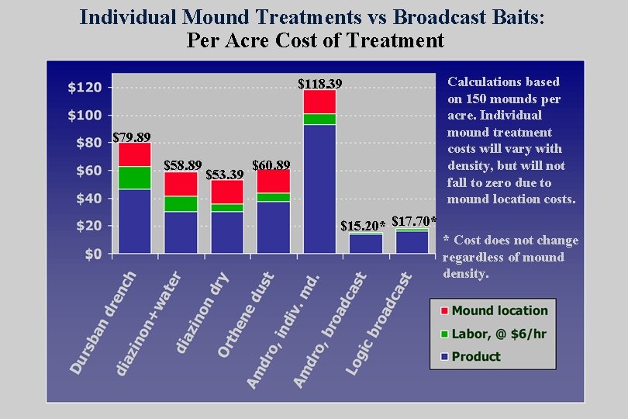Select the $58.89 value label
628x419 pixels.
pyautogui.click(x=183, y=165)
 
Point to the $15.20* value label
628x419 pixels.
pyautogui.click(x=364, y=226)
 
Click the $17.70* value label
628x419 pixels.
pyautogui.click(x=414, y=222)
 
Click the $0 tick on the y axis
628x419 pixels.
pyautogui.click(x=92, y=254)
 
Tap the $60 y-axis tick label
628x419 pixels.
pyautogui.click(x=88, y=170)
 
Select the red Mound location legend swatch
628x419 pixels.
pyautogui.click(x=442, y=310)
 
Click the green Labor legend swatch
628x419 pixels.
pyautogui.click(x=442, y=334)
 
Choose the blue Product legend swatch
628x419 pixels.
pyautogui.click(x=442, y=357)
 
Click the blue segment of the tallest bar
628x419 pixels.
pyautogui.click(x=319, y=189)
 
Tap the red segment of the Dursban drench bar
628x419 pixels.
pyautogui.click(x=134, y=154)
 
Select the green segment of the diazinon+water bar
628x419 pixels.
pyautogui.click(x=181, y=203)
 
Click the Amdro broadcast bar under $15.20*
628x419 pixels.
pyautogui.click(x=365, y=244)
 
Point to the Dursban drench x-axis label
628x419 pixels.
pyautogui.click(x=102, y=322)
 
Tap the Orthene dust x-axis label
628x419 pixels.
pyautogui.click(x=245, y=314)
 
